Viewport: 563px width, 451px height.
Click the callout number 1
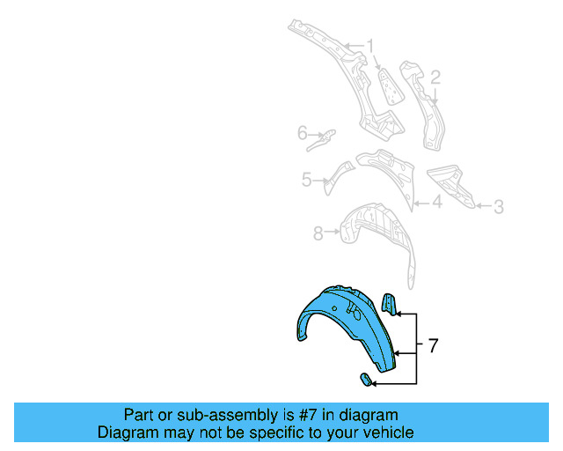pos(370,45)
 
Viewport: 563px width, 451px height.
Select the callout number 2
pos(435,78)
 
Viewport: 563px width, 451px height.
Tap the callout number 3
pos(498,207)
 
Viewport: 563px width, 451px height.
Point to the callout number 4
pos(437,203)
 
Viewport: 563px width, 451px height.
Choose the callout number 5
pos(306,180)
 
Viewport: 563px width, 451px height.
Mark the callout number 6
pos(302,134)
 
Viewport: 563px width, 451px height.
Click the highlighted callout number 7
pos(432,345)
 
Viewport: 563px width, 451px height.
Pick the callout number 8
pos(318,233)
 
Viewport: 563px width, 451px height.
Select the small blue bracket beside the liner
pos(389,305)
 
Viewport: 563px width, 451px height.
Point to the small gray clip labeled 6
pos(327,137)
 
